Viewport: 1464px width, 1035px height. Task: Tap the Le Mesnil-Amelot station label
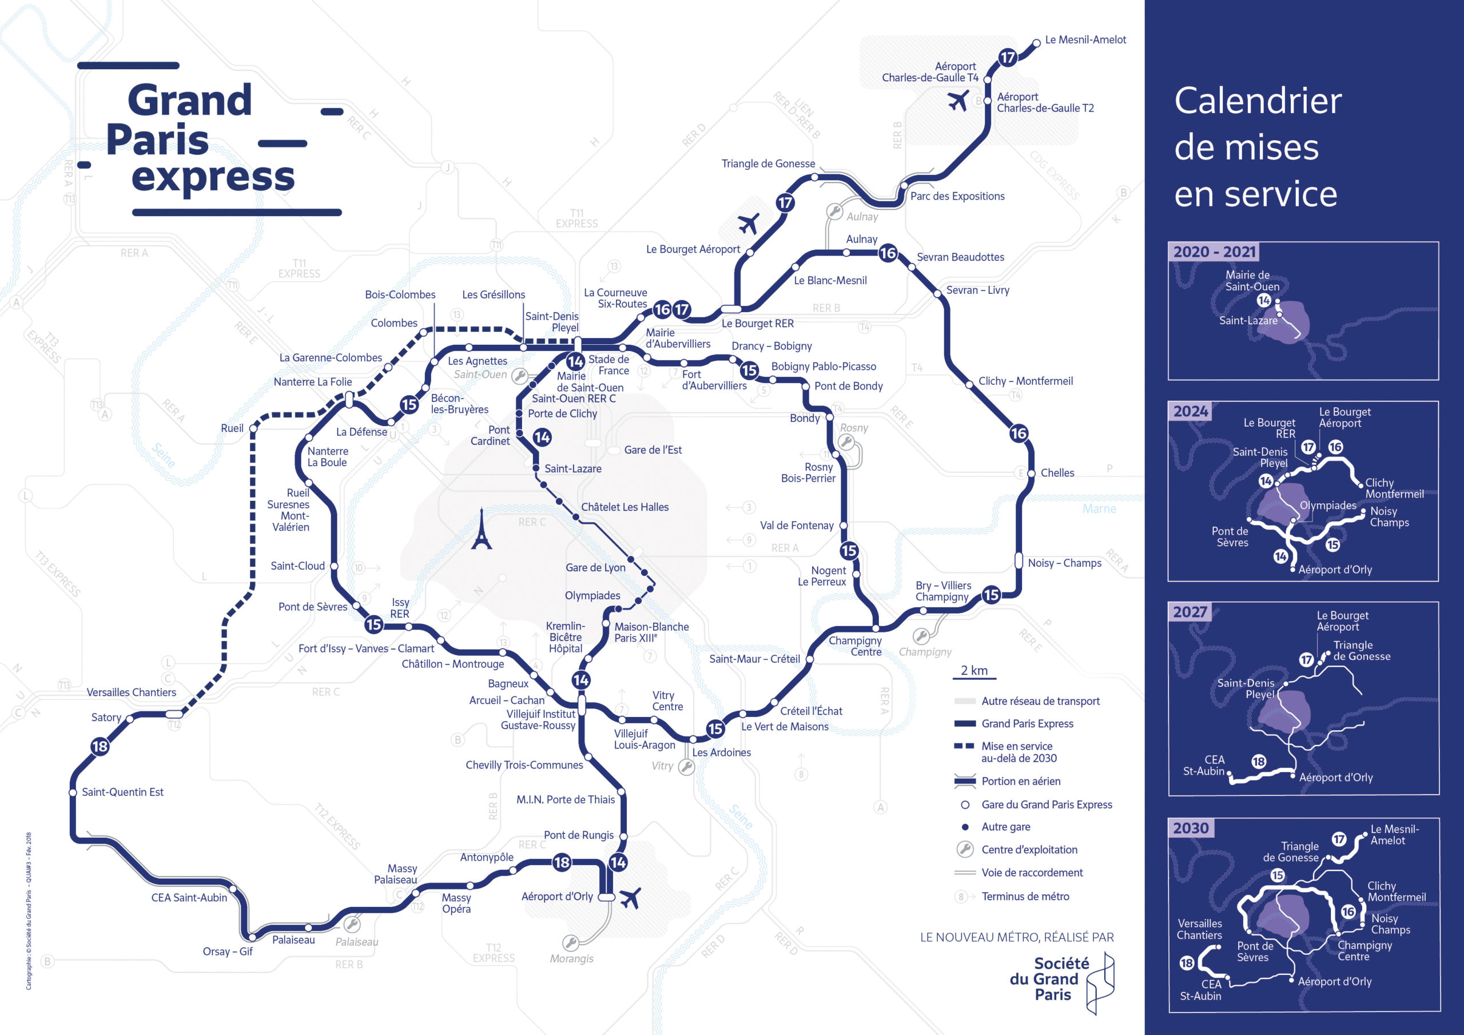pos(1085,39)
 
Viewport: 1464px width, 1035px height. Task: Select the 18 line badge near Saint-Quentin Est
pos(100,746)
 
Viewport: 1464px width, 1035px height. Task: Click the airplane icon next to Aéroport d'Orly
pos(630,898)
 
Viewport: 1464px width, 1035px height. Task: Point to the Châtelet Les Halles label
pos(624,507)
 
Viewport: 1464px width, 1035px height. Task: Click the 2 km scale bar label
pos(974,670)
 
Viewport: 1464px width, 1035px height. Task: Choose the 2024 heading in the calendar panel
pos(1191,411)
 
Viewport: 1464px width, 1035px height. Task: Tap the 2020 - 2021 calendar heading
pos(1214,252)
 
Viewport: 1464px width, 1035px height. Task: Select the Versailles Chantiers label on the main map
pos(132,692)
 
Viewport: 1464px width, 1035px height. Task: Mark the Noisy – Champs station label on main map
pos(1064,563)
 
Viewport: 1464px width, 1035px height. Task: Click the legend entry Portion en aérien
pos(1021,781)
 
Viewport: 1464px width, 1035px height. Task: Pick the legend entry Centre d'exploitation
pos(1029,849)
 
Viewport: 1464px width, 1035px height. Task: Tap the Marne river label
pos(1099,509)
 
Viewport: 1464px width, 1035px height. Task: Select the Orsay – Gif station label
pos(228,952)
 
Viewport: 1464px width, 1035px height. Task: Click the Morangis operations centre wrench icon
pos(570,942)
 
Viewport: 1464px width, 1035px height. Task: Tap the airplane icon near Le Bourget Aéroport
pos(749,223)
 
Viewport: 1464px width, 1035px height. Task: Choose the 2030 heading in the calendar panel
pos(1191,829)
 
